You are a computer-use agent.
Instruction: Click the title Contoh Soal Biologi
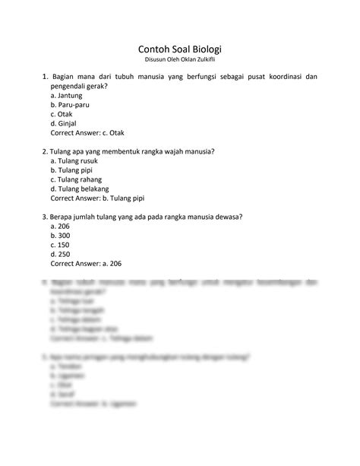(x=180, y=45)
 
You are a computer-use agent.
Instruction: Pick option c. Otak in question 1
(x=62, y=114)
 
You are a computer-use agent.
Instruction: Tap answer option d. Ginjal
(x=63, y=123)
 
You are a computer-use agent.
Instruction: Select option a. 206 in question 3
(x=60, y=227)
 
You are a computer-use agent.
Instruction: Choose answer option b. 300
(x=60, y=236)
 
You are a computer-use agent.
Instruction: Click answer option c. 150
(x=60, y=245)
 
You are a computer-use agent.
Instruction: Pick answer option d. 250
(x=60, y=254)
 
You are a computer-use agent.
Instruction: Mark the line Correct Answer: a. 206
(x=86, y=263)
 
